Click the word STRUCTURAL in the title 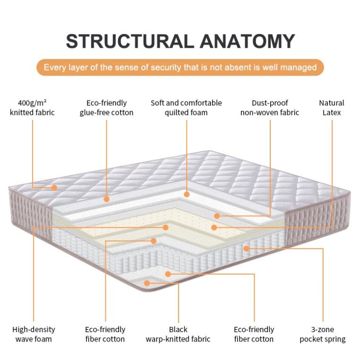click(130, 41)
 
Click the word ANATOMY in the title click(248, 41)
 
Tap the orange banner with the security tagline click(180, 67)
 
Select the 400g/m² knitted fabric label click(33, 108)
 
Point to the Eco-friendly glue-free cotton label click(106, 108)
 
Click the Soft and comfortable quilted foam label click(186, 108)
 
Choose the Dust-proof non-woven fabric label click(270, 108)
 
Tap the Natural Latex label click(332, 108)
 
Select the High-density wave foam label click(34, 334)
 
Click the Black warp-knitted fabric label click(178, 334)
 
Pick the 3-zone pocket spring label click(323, 334)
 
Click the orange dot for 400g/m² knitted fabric click(54, 188)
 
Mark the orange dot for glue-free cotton click(107, 199)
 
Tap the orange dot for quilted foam click(187, 194)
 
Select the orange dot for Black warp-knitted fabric click(147, 283)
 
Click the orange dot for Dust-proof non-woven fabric click(217, 216)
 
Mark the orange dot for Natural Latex click(214, 227)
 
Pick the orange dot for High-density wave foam click(165, 227)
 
